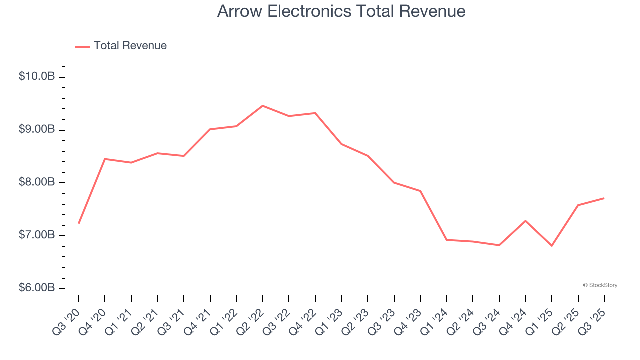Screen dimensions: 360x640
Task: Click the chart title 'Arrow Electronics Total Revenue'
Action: click(x=341, y=11)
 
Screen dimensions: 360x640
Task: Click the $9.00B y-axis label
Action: click(x=37, y=130)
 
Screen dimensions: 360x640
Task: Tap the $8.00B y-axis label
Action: click(x=37, y=183)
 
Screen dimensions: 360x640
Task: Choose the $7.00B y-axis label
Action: click(x=37, y=235)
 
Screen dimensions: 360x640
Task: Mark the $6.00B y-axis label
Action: click(x=37, y=288)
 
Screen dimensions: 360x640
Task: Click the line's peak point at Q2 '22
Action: click(x=263, y=106)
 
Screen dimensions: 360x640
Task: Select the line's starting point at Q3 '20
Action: click(x=79, y=223)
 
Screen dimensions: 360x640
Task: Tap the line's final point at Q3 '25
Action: click(x=604, y=198)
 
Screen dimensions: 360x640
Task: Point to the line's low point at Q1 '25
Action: click(x=552, y=246)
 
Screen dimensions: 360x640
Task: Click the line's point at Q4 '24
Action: click(x=526, y=221)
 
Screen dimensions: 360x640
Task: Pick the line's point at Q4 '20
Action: click(x=105, y=159)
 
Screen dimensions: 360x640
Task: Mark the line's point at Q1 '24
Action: click(x=447, y=240)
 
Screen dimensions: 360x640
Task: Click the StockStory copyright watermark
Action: click(x=600, y=285)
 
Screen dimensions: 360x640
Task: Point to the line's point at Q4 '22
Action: click(x=315, y=113)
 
